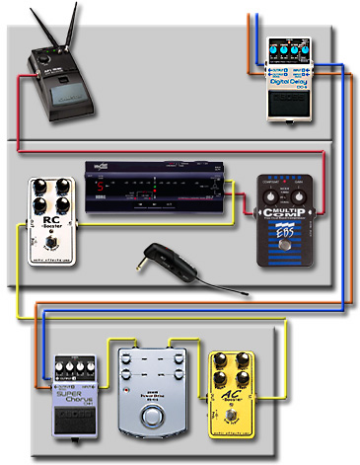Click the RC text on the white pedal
coord(49,222)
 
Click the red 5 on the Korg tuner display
coord(97,186)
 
